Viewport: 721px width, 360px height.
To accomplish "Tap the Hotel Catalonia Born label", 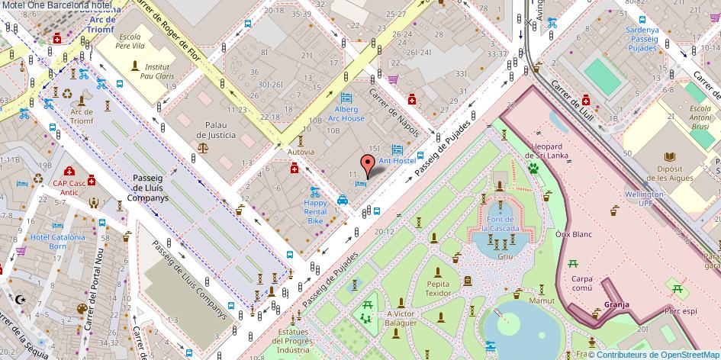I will pos(58,242).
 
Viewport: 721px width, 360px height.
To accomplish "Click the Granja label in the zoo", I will pos(616,304).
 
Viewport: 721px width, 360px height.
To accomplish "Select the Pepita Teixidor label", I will pos(438,288).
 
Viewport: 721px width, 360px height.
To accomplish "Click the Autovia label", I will pos(301,152).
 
